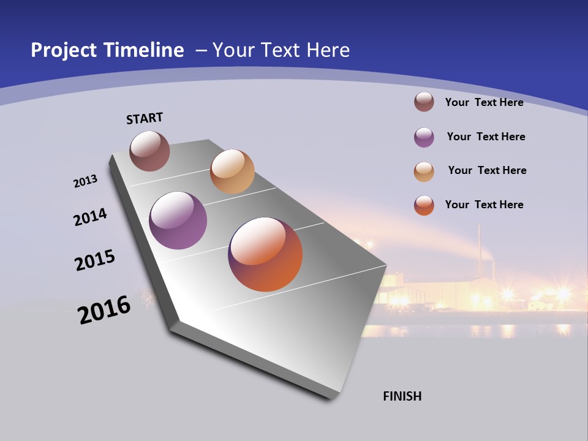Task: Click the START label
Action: (x=145, y=118)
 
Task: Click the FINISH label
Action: (x=402, y=396)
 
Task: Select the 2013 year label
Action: (x=85, y=181)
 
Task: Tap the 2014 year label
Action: (x=91, y=217)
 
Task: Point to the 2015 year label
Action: (x=95, y=260)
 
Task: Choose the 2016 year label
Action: (x=104, y=310)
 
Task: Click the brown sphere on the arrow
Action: (x=149, y=151)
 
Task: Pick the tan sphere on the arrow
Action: (x=232, y=171)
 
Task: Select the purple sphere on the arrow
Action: (x=178, y=221)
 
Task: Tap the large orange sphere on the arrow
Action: (x=265, y=254)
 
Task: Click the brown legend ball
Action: (x=424, y=102)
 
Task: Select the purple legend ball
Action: (x=424, y=137)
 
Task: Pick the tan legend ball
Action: (x=424, y=171)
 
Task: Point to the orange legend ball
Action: (x=424, y=205)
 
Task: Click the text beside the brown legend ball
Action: (x=484, y=102)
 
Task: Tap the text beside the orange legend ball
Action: (x=484, y=205)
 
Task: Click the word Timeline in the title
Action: (x=145, y=50)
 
